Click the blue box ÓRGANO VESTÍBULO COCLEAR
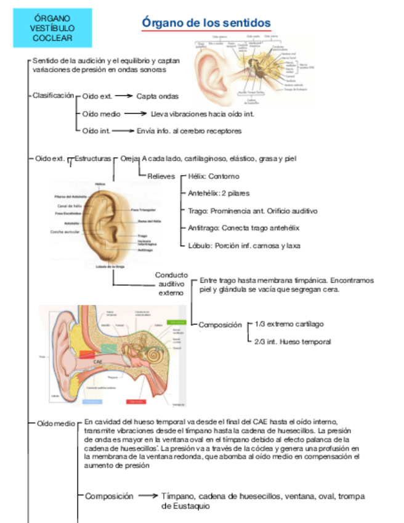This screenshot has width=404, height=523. (52, 28)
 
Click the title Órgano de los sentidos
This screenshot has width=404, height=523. (206, 23)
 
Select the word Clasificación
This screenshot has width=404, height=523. (53, 96)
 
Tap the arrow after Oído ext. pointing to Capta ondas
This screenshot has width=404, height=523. (125, 96)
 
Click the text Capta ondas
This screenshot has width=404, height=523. (158, 96)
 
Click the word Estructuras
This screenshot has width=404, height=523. (92, 159)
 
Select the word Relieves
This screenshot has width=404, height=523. (161, 176)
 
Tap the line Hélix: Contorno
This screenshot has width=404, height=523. (213, 176)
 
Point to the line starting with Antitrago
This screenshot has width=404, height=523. (243, 228)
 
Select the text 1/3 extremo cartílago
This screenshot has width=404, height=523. (289, 324)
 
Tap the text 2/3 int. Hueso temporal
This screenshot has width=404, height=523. (293, 341)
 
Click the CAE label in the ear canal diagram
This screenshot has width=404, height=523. (98, 362)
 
